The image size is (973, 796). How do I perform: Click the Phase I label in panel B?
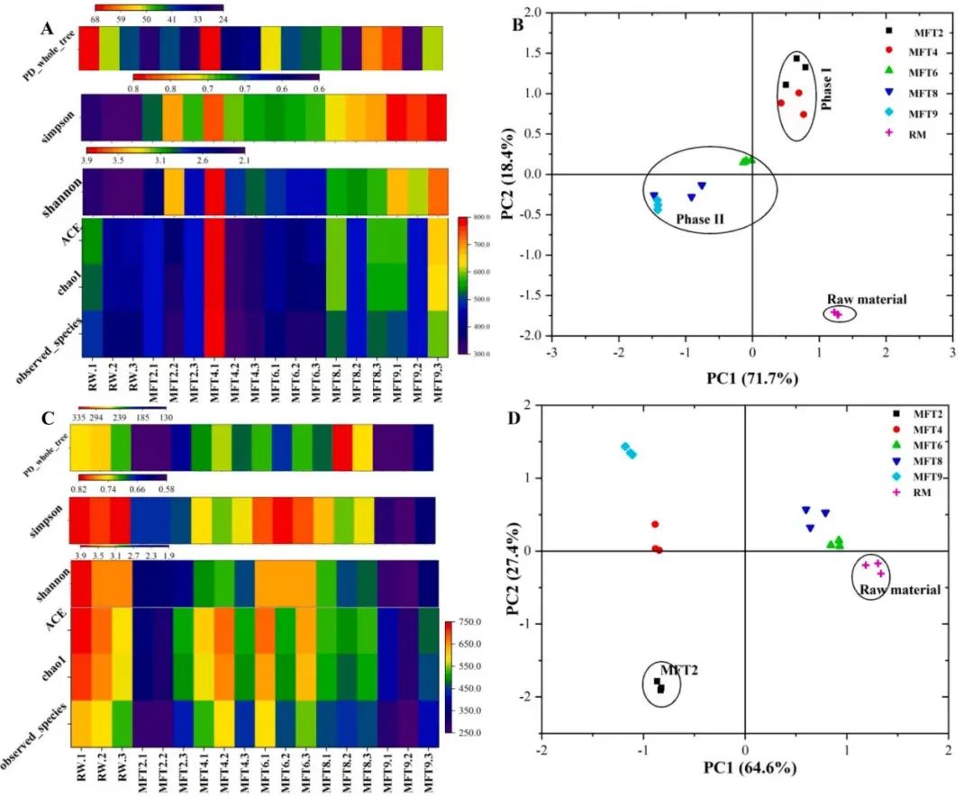tap(827, 92)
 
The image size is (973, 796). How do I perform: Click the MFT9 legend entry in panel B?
tap(917, 115)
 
